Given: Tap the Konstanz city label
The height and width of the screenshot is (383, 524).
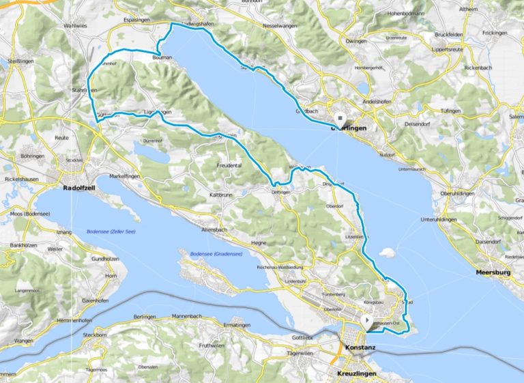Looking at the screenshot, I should click(360, 347).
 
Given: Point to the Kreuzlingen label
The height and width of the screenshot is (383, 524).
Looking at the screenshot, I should click(360, 375).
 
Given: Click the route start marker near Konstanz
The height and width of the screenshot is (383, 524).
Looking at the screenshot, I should click(368, 320).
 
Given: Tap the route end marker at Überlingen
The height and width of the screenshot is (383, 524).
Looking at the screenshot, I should click(340, 117).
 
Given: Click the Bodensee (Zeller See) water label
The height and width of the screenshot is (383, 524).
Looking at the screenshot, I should click(111, 232).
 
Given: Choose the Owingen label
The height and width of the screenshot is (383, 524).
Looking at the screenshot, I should click(360, 40).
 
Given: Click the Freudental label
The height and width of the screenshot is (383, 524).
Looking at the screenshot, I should click(229, 165).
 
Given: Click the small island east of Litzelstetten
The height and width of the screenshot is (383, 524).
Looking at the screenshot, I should click(388, 253).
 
